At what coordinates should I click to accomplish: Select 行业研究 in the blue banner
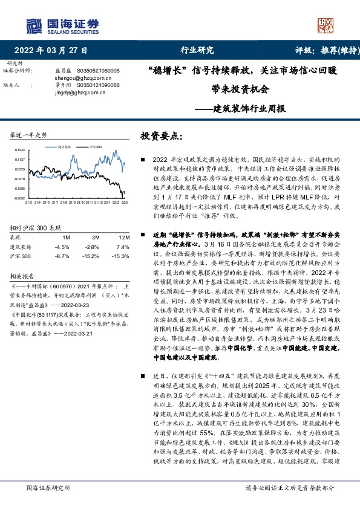pos(180,51)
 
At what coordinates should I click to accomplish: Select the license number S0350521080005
pos(99,71)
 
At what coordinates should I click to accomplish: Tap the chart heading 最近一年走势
pos(28,134)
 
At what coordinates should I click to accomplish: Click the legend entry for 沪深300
pos(93,147)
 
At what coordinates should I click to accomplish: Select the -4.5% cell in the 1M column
pos(62,247)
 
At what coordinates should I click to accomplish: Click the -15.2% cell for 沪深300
pos(92,257)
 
